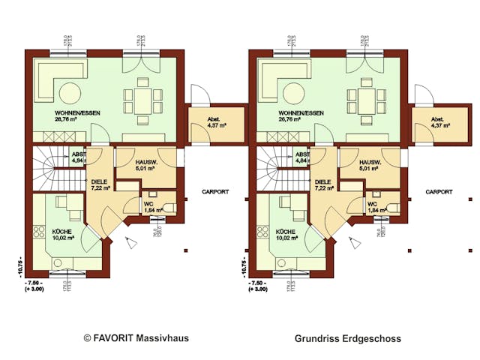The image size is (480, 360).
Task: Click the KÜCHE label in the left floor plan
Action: tap(61, 231)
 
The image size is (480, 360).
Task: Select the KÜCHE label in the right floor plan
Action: tap(286, 231)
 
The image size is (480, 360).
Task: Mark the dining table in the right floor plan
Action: tap(367, 98)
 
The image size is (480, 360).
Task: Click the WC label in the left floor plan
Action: tap(149, 203)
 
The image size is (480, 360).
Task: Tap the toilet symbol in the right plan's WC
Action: tap(393, 205)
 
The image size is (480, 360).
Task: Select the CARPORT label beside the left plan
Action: tap(214, 192)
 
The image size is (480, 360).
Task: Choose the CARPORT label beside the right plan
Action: tap(439, 192)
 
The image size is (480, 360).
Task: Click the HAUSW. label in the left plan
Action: tap(146, 162)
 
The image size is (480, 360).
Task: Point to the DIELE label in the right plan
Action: tap(323, 181)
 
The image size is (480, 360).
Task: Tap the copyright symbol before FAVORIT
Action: tap(87, 338)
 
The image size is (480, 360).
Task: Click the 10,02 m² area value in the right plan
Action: tap(287, 238)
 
